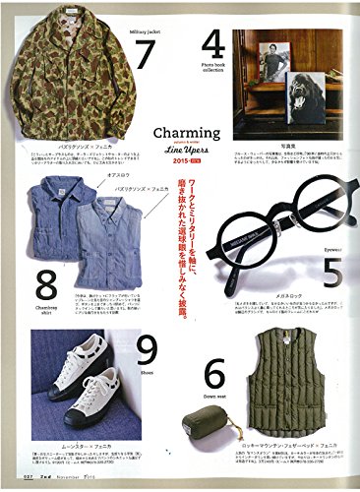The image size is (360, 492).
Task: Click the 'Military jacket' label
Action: (x=146, y=31)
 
